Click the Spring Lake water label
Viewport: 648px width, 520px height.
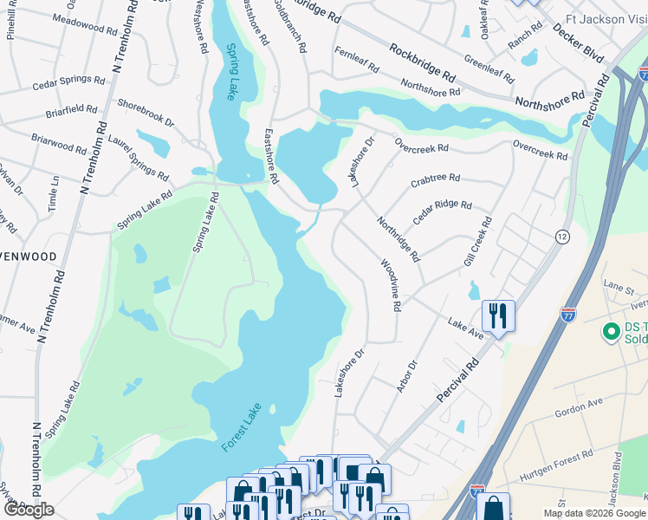[231, 73]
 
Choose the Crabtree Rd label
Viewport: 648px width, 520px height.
[435, 179]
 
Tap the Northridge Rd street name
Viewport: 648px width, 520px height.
[399, 239]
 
